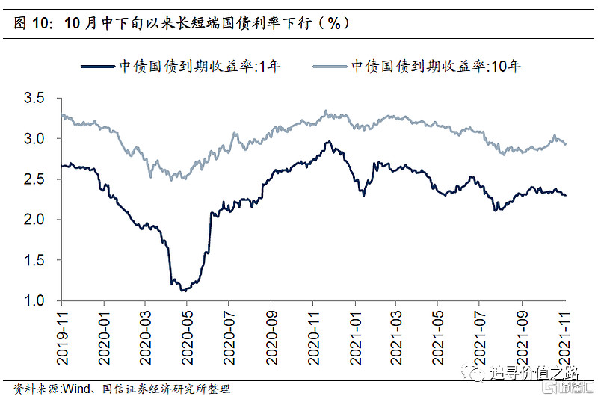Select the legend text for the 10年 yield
tap(437, 66)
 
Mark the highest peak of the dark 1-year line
tap(327, 142)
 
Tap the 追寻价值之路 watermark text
tap(525, 371)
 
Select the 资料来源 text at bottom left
tap(35, 389)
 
